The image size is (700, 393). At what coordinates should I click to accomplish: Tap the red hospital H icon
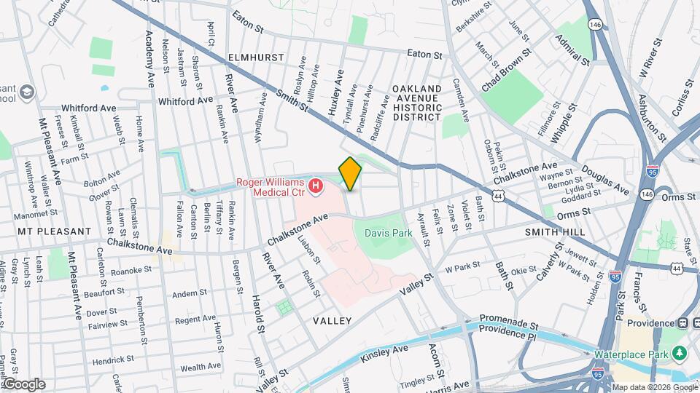(x=316, y=187)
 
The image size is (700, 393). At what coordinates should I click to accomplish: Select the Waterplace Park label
(x=631, y=354)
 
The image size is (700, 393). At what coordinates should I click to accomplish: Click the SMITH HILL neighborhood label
(x=551, y=231)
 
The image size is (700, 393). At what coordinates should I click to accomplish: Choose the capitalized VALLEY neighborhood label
(x=332, y=320)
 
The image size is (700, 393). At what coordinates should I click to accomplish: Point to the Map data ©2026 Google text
(x=654, y=386)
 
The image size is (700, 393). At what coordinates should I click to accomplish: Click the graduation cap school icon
(x=27, y=92)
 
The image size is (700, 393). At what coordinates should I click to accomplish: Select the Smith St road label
(x=292, y=98)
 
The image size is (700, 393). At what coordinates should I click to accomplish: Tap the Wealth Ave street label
(x=201, y=367)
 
